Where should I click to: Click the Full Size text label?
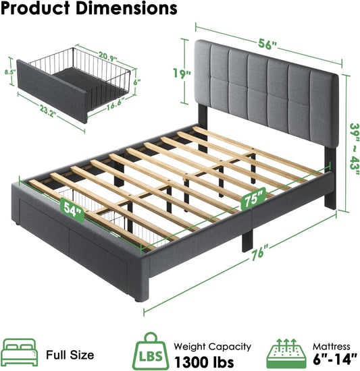[x=70, y=354]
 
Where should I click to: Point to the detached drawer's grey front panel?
[x=51, y=91]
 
